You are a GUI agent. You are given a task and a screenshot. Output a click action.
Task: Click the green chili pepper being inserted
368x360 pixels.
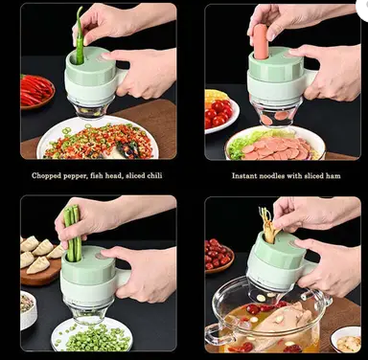point(80,36)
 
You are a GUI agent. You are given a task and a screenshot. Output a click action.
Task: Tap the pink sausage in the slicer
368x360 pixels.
point(261,41)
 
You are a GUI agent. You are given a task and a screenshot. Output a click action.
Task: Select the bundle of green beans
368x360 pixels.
point(73,233)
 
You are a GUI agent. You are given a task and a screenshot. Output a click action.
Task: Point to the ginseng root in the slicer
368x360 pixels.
point(268,226)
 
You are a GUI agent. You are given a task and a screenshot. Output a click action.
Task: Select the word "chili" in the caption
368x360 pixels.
point(154,175)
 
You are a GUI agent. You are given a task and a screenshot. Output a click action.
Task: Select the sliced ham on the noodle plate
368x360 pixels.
point(276,148)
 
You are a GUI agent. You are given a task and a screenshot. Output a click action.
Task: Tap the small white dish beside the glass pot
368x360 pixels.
point(347,340)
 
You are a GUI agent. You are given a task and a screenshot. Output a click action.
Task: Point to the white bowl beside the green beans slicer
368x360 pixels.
point(29,309)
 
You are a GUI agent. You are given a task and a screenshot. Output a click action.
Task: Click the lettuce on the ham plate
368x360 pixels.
point(242,144)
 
